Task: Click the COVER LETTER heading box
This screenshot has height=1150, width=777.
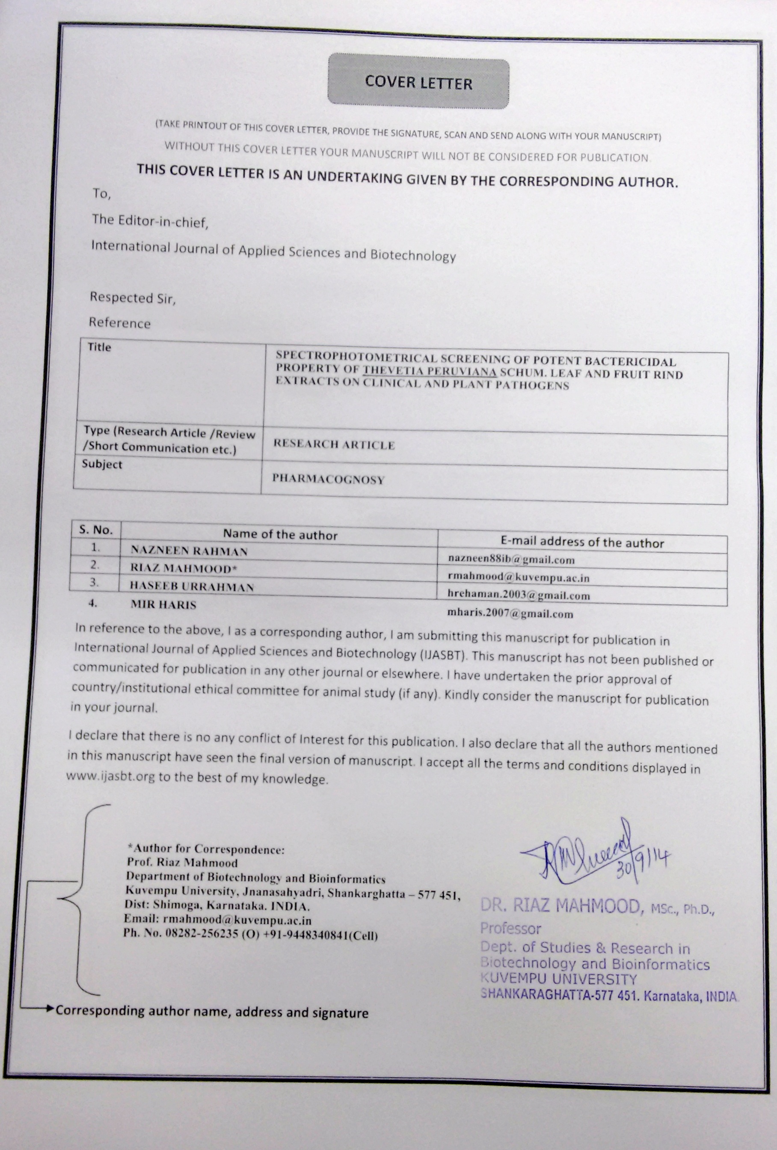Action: (418, 82)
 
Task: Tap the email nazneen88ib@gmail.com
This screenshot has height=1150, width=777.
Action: (511, 560)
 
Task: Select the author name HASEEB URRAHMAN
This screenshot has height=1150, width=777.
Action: (192, 587)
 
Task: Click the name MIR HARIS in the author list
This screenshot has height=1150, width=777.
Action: (163, 605)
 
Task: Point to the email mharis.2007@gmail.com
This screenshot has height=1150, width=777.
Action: (510, 614)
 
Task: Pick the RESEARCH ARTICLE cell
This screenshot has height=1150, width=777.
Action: (334, 444)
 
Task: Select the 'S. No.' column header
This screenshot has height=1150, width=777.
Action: (96, 530)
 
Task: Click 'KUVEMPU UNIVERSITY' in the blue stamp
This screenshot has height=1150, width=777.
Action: (559, 979)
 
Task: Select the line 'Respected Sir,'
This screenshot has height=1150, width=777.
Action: (132, 298)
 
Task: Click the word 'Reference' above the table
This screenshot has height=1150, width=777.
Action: (120, 323)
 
